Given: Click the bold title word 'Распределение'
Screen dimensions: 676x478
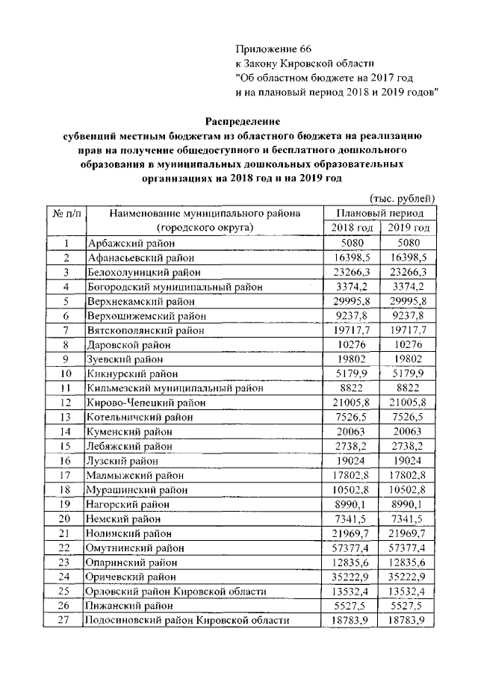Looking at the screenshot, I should (243, 120).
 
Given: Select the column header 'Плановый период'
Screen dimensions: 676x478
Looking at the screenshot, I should (379, 213).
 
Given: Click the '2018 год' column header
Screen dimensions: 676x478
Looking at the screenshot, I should (352, 227).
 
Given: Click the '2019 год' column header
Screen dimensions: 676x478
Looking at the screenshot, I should (407, 227).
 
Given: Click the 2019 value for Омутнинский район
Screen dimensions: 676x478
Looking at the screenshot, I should (407, 548).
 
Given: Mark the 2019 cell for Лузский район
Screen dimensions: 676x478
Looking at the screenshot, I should (407, 461).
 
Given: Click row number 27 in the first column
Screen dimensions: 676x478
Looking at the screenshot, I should (66, 621).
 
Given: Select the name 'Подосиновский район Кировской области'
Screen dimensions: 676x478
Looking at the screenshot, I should (186, 621).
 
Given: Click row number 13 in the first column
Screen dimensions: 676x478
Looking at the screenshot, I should (66, 417).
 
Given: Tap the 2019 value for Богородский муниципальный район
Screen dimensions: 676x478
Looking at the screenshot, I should (407, 286).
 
